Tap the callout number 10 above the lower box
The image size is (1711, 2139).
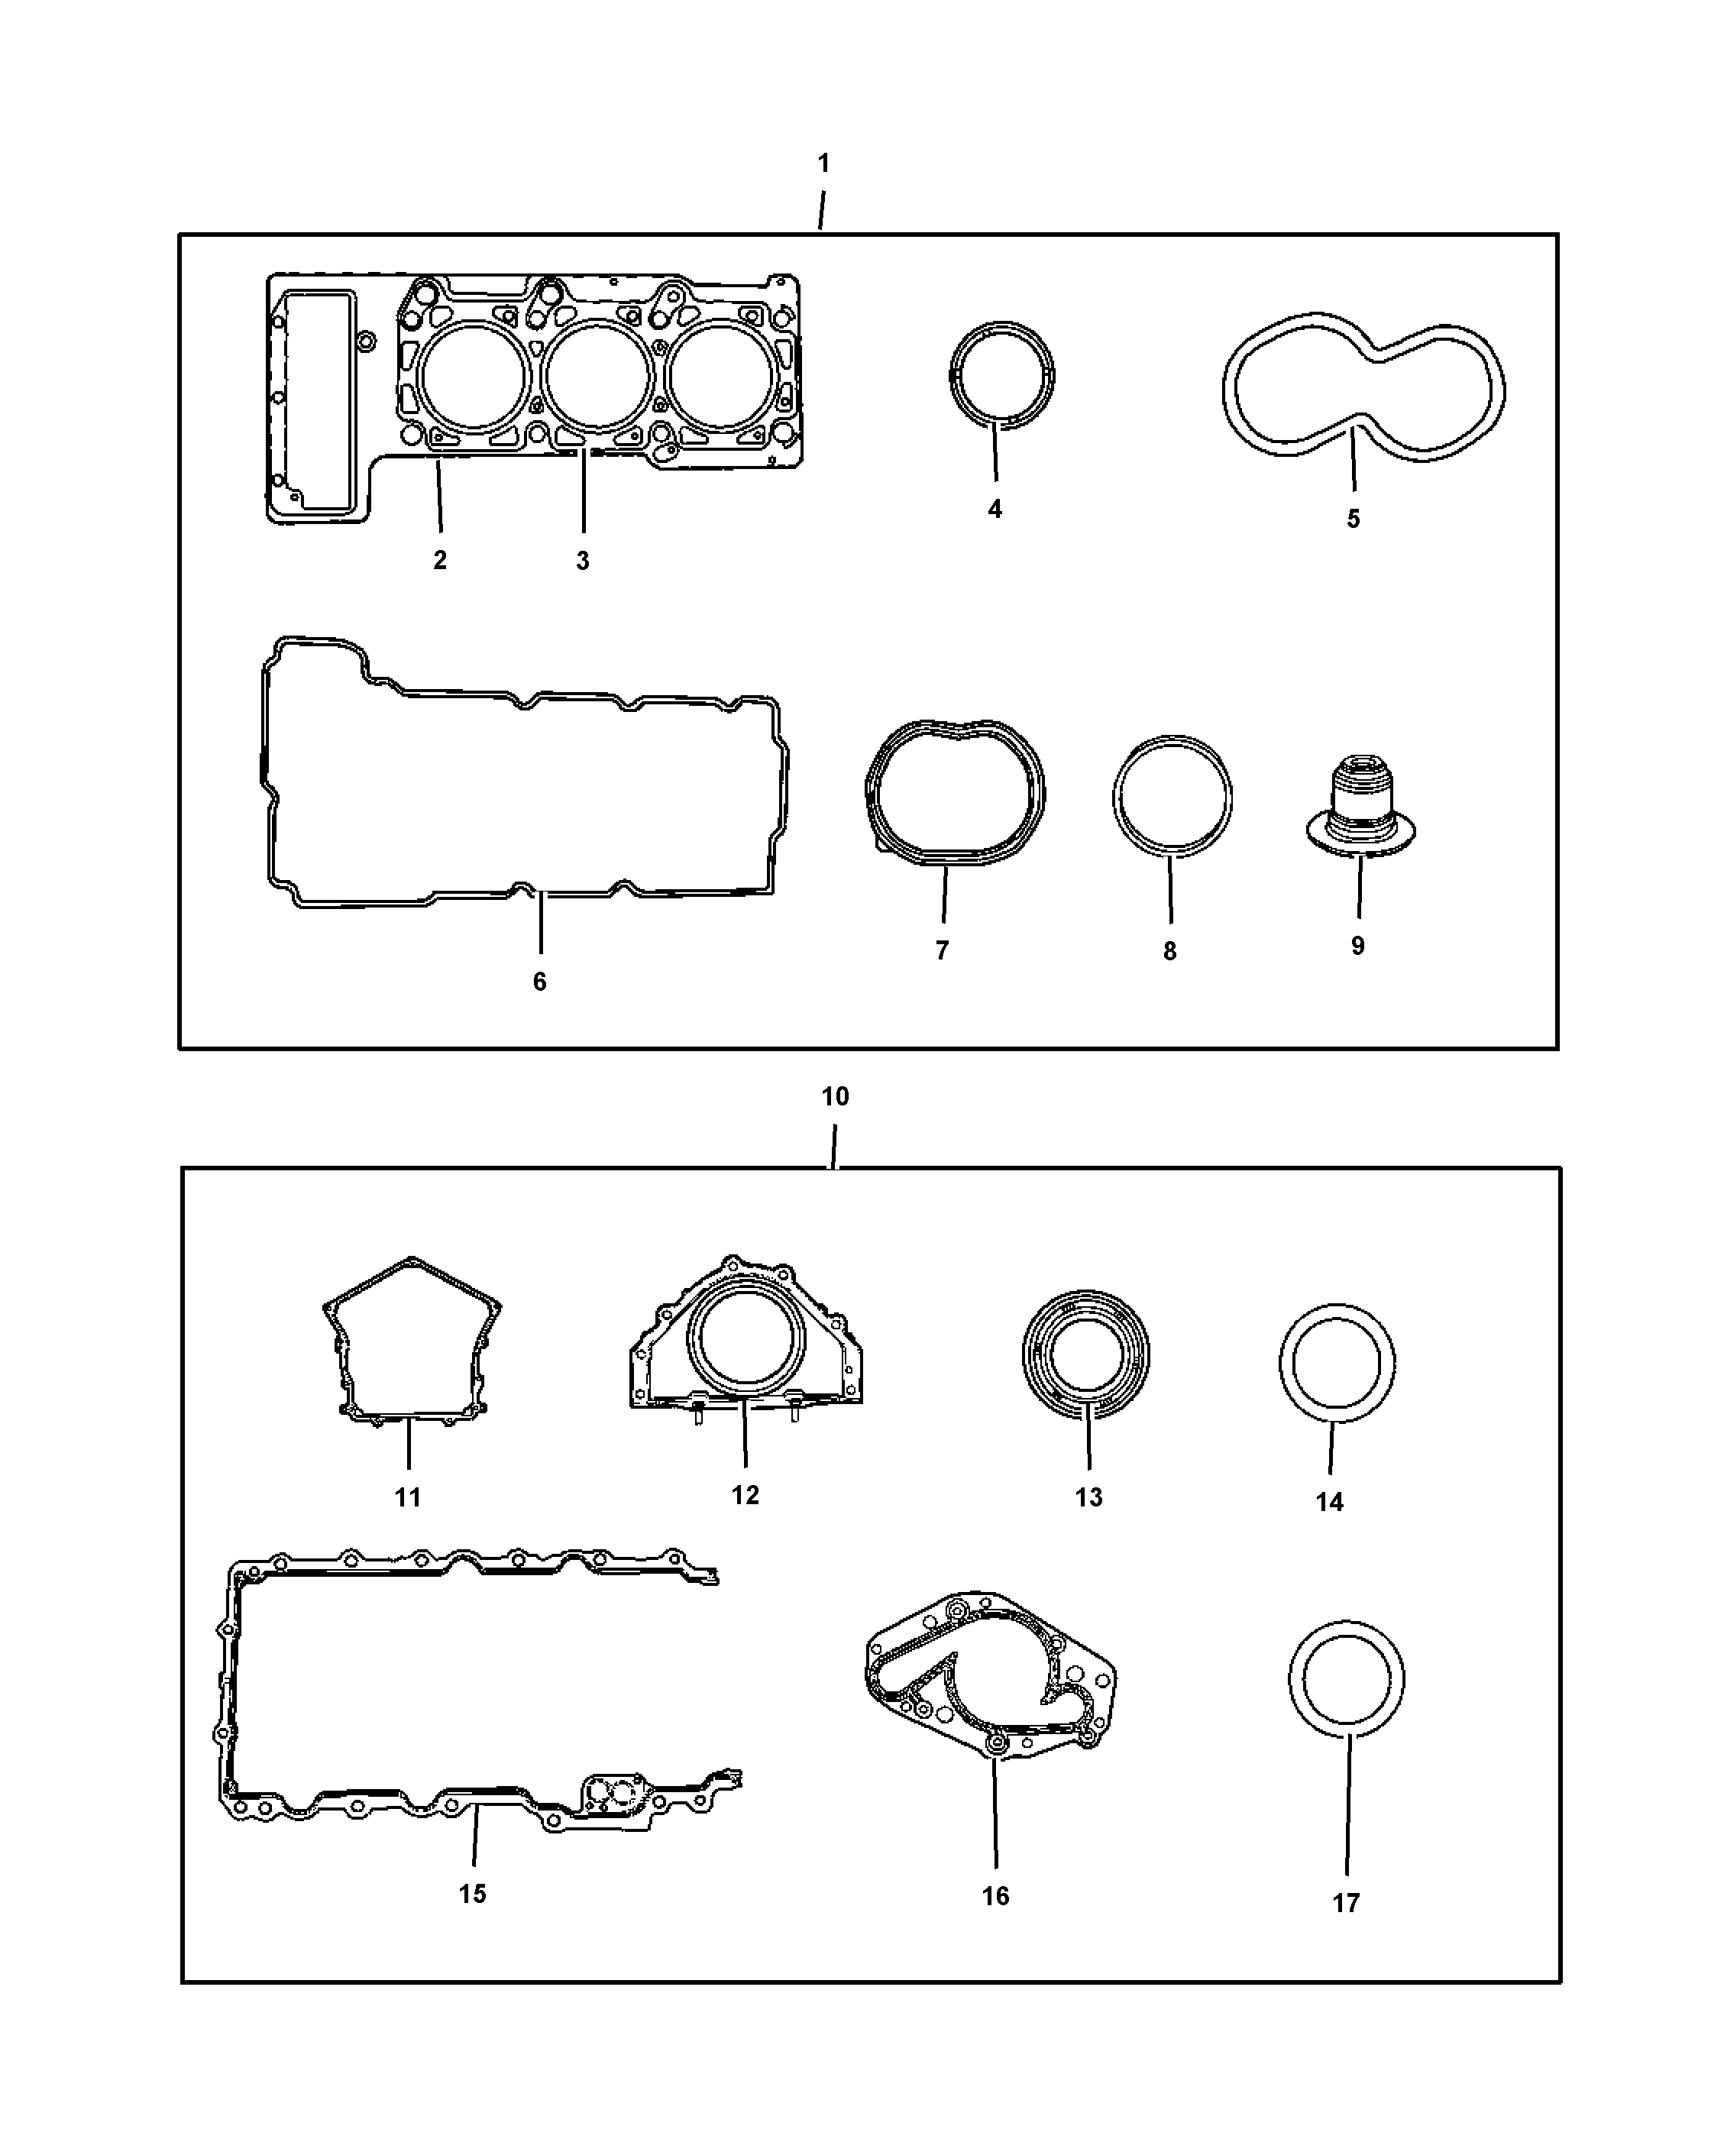pyautogui.click(x=835, y=1096)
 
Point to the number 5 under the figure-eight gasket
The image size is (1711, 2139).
pyautogui.click(x=1353, y=519)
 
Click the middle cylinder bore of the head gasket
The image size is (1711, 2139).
pyautogui.click(x=598, y=378)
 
